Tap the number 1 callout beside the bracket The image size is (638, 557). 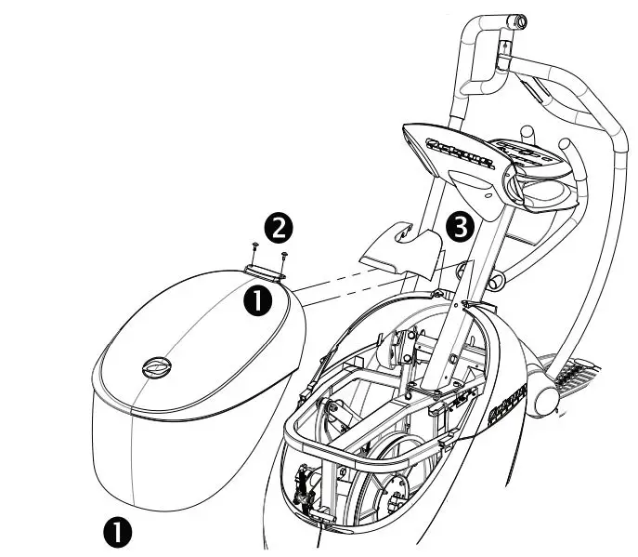coord(257,299)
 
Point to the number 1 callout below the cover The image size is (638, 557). coord(117,532)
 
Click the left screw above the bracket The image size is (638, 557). coord(254,246)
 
